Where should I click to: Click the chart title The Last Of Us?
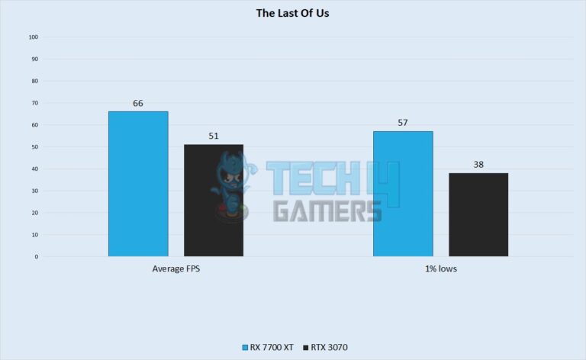293,12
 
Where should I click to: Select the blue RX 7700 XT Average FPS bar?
138,183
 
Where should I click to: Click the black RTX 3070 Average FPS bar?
214,200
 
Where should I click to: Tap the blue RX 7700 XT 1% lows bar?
403,194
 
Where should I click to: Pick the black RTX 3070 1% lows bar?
478,214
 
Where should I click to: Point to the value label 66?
138,103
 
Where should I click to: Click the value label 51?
214,137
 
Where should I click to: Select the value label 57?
403,123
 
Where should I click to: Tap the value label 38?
478,165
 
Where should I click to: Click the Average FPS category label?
175,269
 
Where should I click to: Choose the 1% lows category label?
440,269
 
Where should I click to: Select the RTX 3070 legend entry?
327,347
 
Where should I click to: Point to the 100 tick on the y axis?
33,37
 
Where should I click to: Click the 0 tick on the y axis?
36,257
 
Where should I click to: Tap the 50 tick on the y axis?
34,147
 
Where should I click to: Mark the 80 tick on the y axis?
34,81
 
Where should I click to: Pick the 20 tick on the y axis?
34,213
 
